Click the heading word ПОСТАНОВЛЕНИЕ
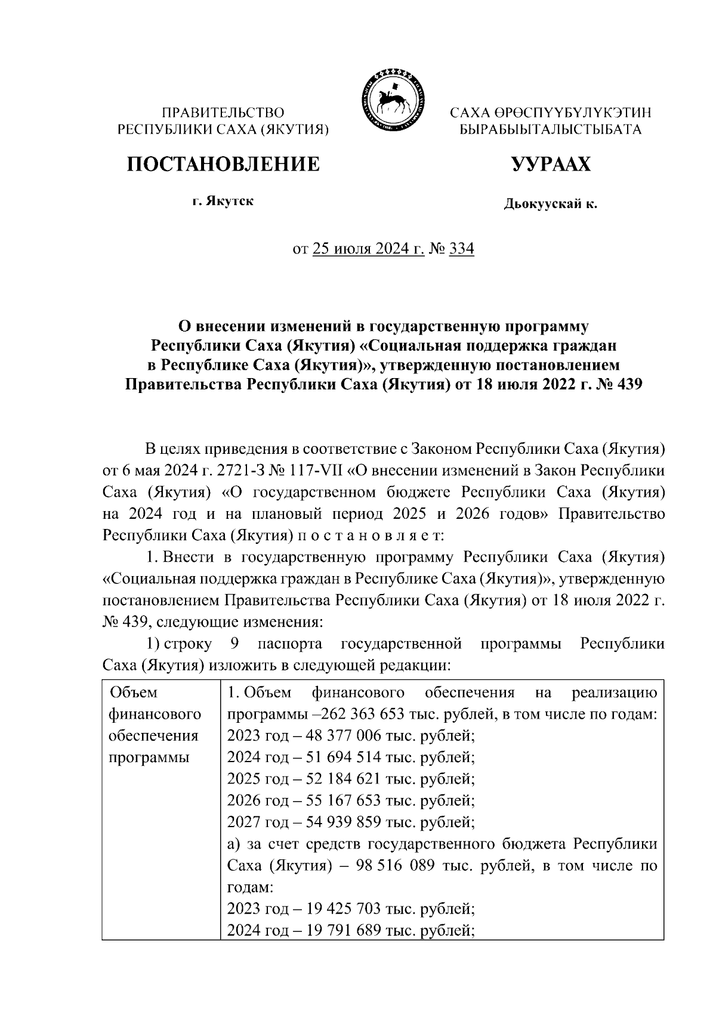click(x=223, y=164)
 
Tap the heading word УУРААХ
click(x=550, y=164)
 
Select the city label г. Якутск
click(x=223, y=201)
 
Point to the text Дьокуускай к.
click(x=550, y=205)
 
